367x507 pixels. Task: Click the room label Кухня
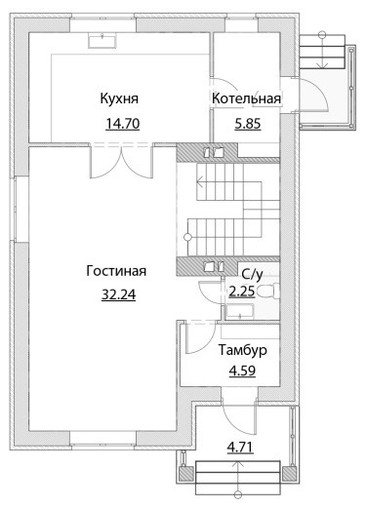tap(119, 98)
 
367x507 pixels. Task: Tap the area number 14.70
tap(123, 124)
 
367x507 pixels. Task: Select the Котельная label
tap(246, 98)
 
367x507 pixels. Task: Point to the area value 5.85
tap(248, 124)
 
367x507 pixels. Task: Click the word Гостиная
tap(116, 271)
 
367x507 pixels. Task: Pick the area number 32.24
tap(118, 294)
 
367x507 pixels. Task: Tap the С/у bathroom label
tap(252, 275)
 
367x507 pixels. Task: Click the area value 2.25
tap(242, 292)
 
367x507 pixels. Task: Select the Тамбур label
tap(243, 350)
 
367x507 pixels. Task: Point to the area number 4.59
tap(242, 370)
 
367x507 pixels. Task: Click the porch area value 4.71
tap(240, 448)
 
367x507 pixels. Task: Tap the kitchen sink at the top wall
tap(102, 41)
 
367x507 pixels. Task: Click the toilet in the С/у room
tap(269, 291)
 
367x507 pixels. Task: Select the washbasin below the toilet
tap(240, 312)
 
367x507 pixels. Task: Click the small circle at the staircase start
tap(187, 237)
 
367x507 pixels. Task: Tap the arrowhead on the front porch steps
tap(239, 465)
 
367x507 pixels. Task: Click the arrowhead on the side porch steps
tap(322, 65)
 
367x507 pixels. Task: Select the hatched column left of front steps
tap(186, 474)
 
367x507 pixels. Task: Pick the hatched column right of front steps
tap(289, 474)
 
